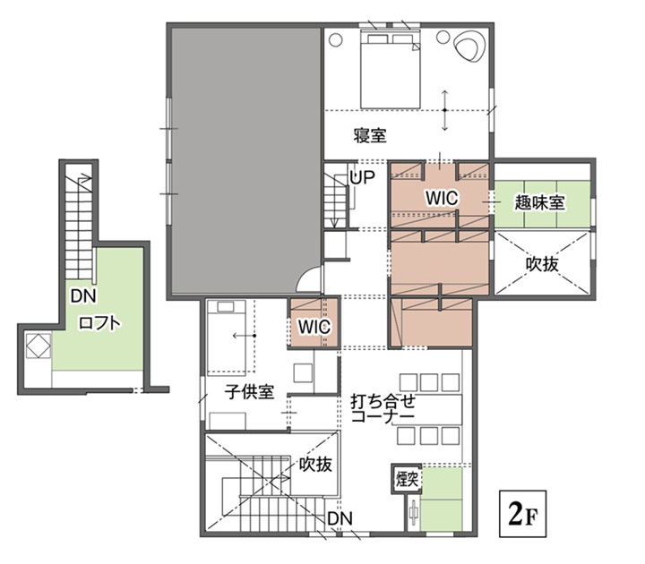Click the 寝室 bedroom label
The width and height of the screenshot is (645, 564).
coord(370,135)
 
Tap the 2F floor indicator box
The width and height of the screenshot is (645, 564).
coord(522,514)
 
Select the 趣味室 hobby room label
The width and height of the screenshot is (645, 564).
coord(539,202)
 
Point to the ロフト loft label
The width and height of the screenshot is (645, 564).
coord(99,323)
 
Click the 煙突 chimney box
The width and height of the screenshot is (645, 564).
coord(407,479)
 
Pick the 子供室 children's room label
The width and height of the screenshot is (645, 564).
coord(249,392)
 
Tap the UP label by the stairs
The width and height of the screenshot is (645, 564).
coord(362,177)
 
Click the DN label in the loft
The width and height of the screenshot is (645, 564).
coord(83,295)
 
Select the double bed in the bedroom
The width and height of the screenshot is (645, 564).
coord(391,69)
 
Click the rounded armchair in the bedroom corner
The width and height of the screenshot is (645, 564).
coord(469,46)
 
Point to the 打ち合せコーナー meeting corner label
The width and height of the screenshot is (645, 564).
coord(383,408)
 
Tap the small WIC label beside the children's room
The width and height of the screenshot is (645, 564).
coord(314,327)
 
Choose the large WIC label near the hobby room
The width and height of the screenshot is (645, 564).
coord(442,198)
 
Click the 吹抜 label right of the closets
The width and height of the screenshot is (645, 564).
coord(542,263)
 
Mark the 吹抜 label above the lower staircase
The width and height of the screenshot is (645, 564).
coord(315,464)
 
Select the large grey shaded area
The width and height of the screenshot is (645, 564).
coord(245,161)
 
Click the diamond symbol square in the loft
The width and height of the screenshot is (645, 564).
coord(39,346)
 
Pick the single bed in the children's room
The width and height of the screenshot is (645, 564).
coord(227,338)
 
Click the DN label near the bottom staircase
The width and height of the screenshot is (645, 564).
coord(340,518)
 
